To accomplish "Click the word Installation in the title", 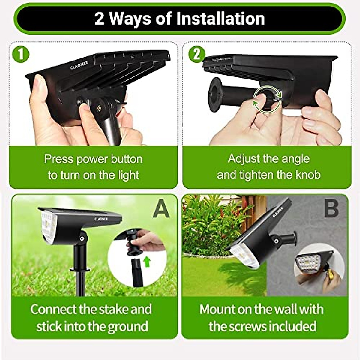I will pyautogui.click(x=220, y=19).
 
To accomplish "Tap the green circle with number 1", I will pyautogui.click(x=21, y=55).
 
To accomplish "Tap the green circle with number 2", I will pyautogui.click(x=196, y=55).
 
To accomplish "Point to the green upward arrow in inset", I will pyautogui.click(x=147, y=262).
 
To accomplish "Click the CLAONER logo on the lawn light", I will pyautogui.click(x=101, y=219).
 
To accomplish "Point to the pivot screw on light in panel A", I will pyautogui.click(x=82, y=238).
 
